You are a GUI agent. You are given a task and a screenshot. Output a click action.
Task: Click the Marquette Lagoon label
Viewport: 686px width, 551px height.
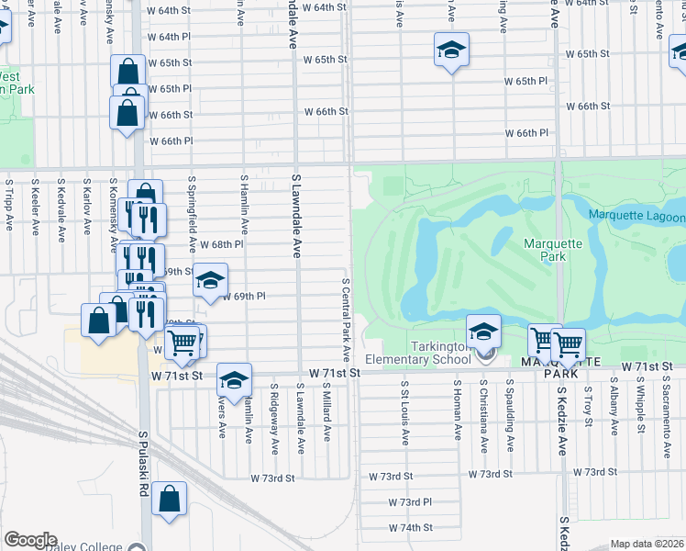click(636, 217)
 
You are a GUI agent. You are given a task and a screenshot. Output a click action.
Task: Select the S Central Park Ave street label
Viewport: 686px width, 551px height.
click(347, 319)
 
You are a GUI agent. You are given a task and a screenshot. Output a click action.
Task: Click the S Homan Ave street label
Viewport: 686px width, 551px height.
click(456, 412)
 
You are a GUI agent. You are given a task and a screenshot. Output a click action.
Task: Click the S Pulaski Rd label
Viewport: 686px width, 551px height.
click(144, 464)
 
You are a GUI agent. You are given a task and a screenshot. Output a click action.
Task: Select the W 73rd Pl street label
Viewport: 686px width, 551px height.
click(409, 502)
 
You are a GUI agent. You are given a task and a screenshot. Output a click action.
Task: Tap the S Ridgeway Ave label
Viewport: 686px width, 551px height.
click(275, 419)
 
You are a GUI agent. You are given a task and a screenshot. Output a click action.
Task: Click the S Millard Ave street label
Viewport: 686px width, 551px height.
click(326, 412)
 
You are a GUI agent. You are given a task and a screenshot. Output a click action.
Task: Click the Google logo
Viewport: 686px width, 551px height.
click(30, 540)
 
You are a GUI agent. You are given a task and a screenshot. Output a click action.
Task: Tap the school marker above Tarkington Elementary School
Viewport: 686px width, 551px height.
click(483, 331)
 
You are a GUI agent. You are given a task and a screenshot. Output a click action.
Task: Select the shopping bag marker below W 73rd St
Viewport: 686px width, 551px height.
click(169, 500)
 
